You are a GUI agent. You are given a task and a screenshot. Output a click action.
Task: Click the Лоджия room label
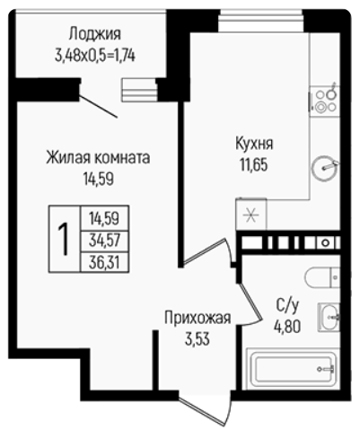(x=95, y=34)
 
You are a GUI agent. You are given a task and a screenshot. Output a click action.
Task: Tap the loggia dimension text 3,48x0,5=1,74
(x=95, y=56)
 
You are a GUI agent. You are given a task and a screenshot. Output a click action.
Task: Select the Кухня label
(x=254, y=144)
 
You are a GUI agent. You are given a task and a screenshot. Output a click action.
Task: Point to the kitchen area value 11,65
(x=253, y=164)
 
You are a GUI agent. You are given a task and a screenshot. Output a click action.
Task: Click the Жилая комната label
(x=98, y=158)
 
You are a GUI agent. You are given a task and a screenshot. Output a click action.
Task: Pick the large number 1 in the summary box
(x=64, y=239)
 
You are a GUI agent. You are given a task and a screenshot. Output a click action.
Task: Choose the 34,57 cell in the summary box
(x=104, y=241)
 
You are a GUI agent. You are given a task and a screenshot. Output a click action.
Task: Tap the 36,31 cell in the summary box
(x=104, y=263)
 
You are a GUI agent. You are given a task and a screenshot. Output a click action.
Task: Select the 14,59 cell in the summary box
(x=104, y=218)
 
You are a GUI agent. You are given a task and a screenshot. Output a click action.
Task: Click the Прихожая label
(x=198, y=318)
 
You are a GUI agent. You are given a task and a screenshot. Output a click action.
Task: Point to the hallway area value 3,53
(x=198, y=339)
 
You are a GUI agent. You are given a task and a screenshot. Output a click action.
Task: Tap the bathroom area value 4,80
(x=287, y=327)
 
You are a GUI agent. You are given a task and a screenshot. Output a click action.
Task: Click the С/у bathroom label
(x=287, y=305)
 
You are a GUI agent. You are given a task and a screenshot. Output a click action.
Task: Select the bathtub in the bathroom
(x=294, y=369)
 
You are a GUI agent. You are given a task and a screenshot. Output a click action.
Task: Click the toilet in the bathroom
(x=322, y=277)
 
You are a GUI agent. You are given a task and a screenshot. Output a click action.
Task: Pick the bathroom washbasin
(x=329, y=317)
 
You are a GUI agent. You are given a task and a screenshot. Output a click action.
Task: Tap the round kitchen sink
(x=325, y=168)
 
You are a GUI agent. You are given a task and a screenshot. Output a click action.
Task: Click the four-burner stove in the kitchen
(x=325, y=101)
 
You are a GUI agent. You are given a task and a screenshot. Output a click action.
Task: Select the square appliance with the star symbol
(x=251, y=214)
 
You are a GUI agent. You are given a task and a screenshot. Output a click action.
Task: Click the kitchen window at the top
(x=261, y=21)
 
